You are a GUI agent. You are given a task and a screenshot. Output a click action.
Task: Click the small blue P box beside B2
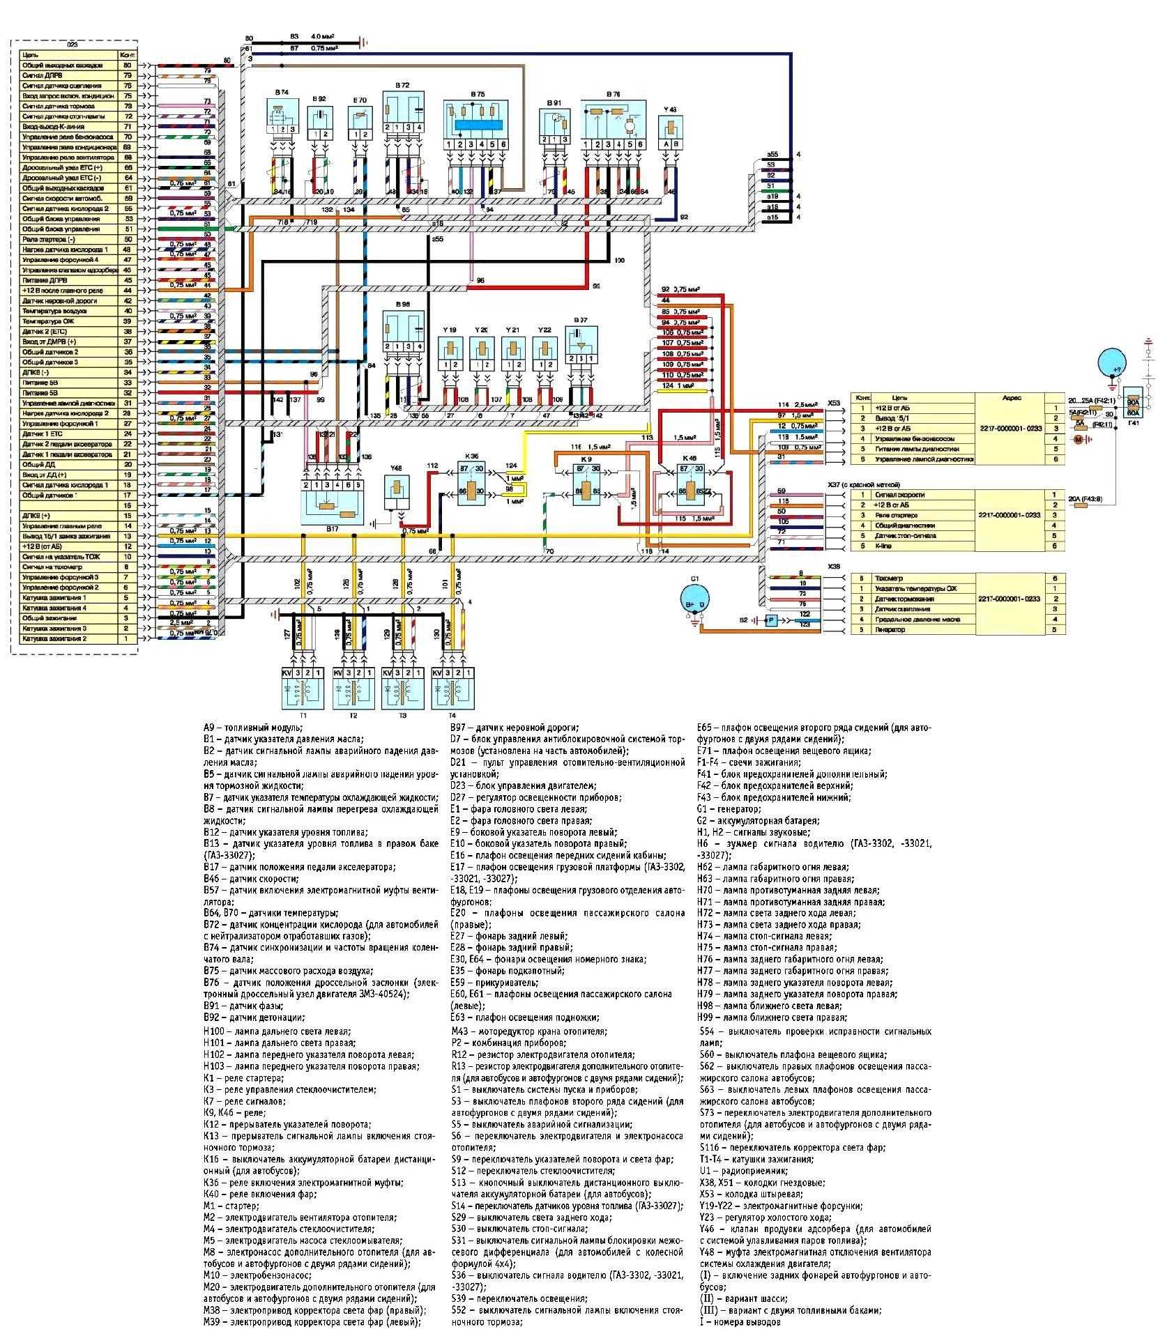coord(771,620)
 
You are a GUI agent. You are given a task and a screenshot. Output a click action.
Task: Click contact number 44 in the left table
coord(128,291)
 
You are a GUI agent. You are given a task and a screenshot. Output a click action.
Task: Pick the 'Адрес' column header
coord(1011,398)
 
